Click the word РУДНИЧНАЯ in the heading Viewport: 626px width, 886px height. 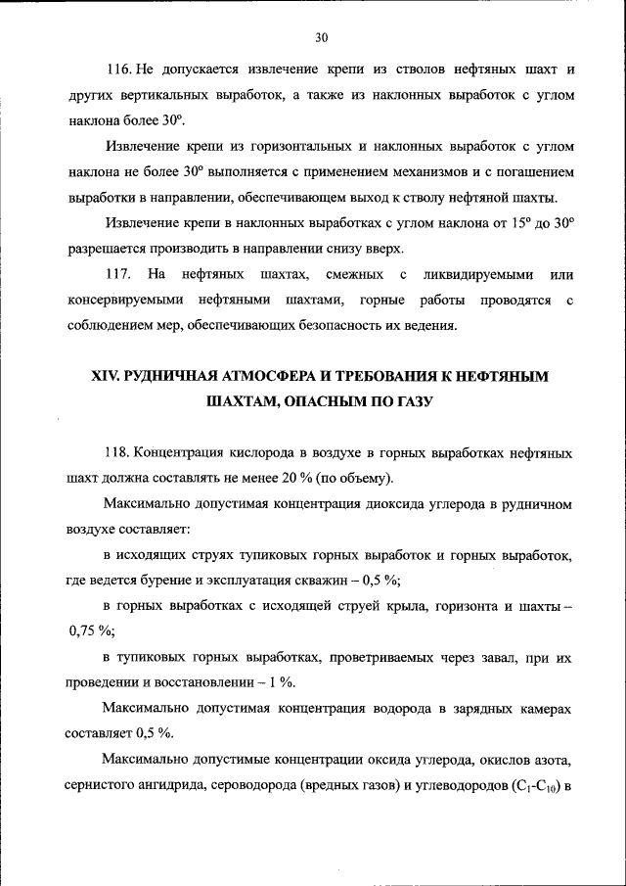(x=187, y=376)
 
